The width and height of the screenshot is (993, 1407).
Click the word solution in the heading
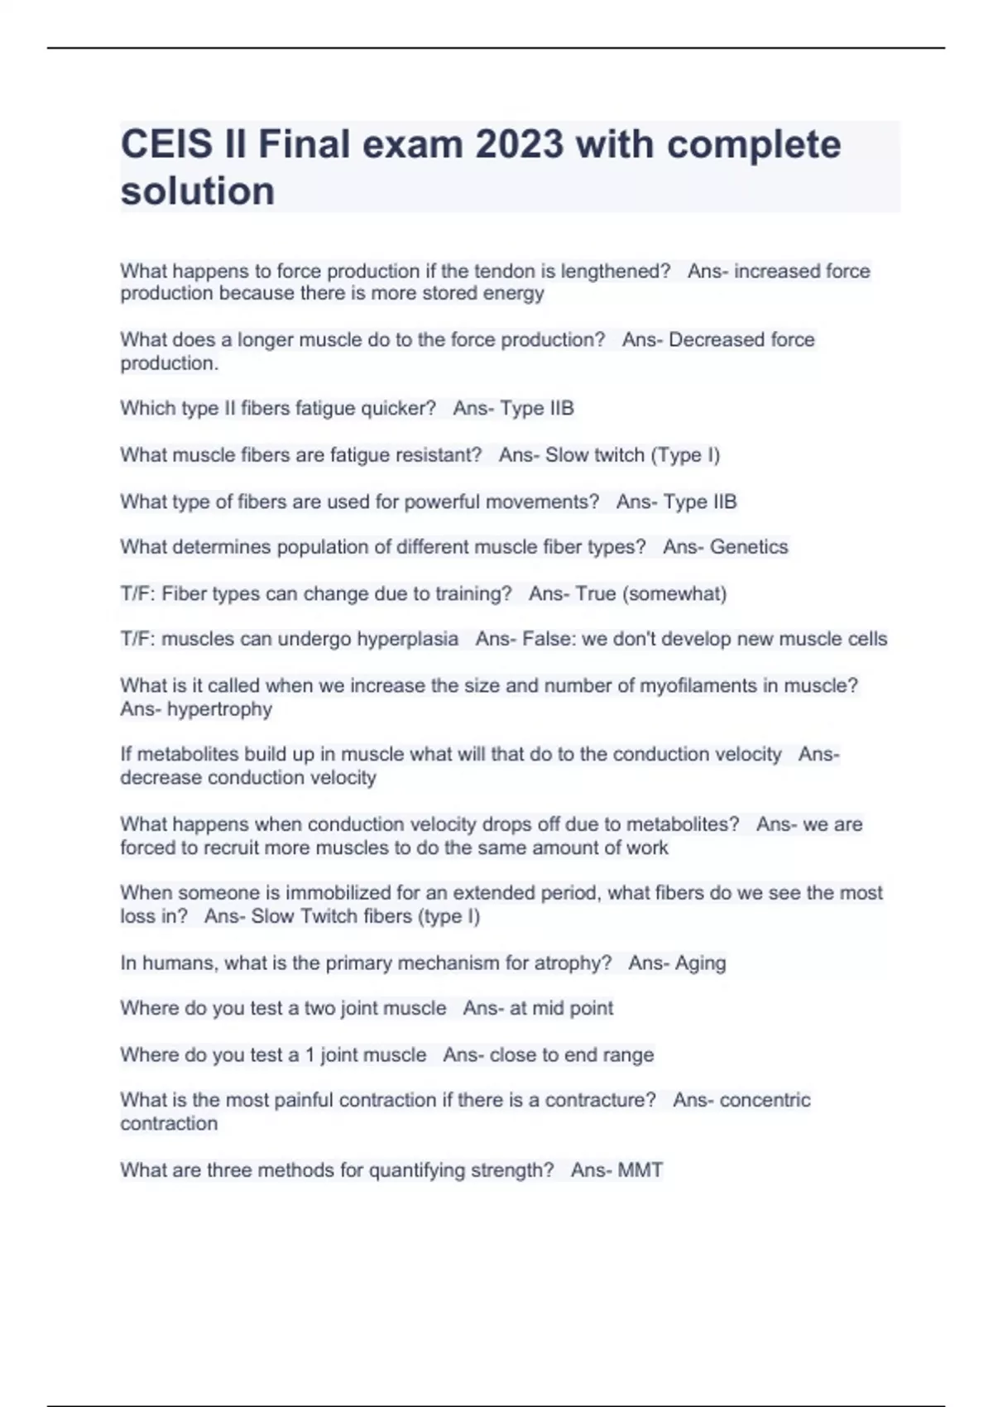tap(198, 191)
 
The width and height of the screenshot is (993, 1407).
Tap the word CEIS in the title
tap(166, 145)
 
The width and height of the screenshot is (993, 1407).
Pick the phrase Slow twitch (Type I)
tap(632, 455)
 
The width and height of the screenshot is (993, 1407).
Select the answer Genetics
tap(749, 547)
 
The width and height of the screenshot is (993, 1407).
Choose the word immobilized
tap(378, 893)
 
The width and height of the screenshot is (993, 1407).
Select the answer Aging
tap(700, 963)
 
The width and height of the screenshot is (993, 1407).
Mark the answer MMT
tap(640, 1170)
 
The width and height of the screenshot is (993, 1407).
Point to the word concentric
tap(765, 1101)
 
